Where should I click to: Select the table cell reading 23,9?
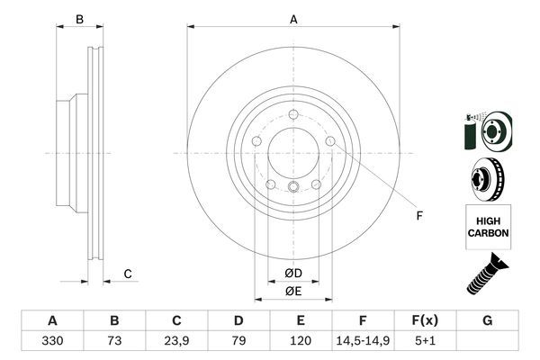click(x=176, y=343)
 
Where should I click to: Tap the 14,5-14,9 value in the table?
click(x=364, y=343)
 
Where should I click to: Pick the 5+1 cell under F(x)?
click(x=426, y=343)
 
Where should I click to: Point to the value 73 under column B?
click(x=114, y=343)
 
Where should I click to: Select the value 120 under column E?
click(x=301, y=343)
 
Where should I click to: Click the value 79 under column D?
click(x=238, y=343)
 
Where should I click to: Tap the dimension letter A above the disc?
click(x=293, y=18)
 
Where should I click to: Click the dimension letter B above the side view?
click(x=79, y=19)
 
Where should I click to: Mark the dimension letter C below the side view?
click(x=128, y=274)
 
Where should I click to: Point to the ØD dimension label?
click(x=293, y=273)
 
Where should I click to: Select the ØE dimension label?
click(x=293, y=290)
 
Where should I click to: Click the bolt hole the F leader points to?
click(x=330, y=141)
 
